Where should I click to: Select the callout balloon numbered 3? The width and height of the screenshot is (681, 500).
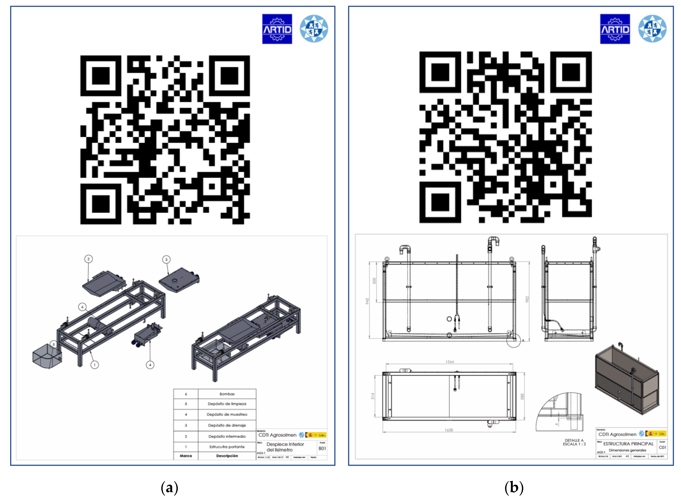point(166,259)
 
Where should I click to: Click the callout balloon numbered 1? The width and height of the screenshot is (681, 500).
point(95,365)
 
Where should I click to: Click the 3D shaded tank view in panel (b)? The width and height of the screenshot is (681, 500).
point(627,380)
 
